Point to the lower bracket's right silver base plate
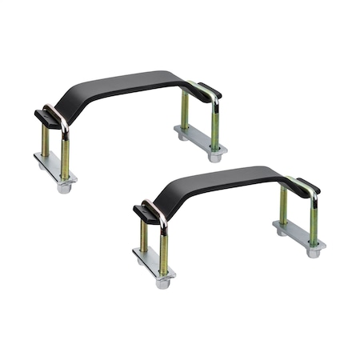point(299,237)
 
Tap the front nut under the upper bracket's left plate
point(65,187)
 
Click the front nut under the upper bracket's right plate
point(214,158)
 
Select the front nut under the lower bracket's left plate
point(163,282)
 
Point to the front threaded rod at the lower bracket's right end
point(314,224)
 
